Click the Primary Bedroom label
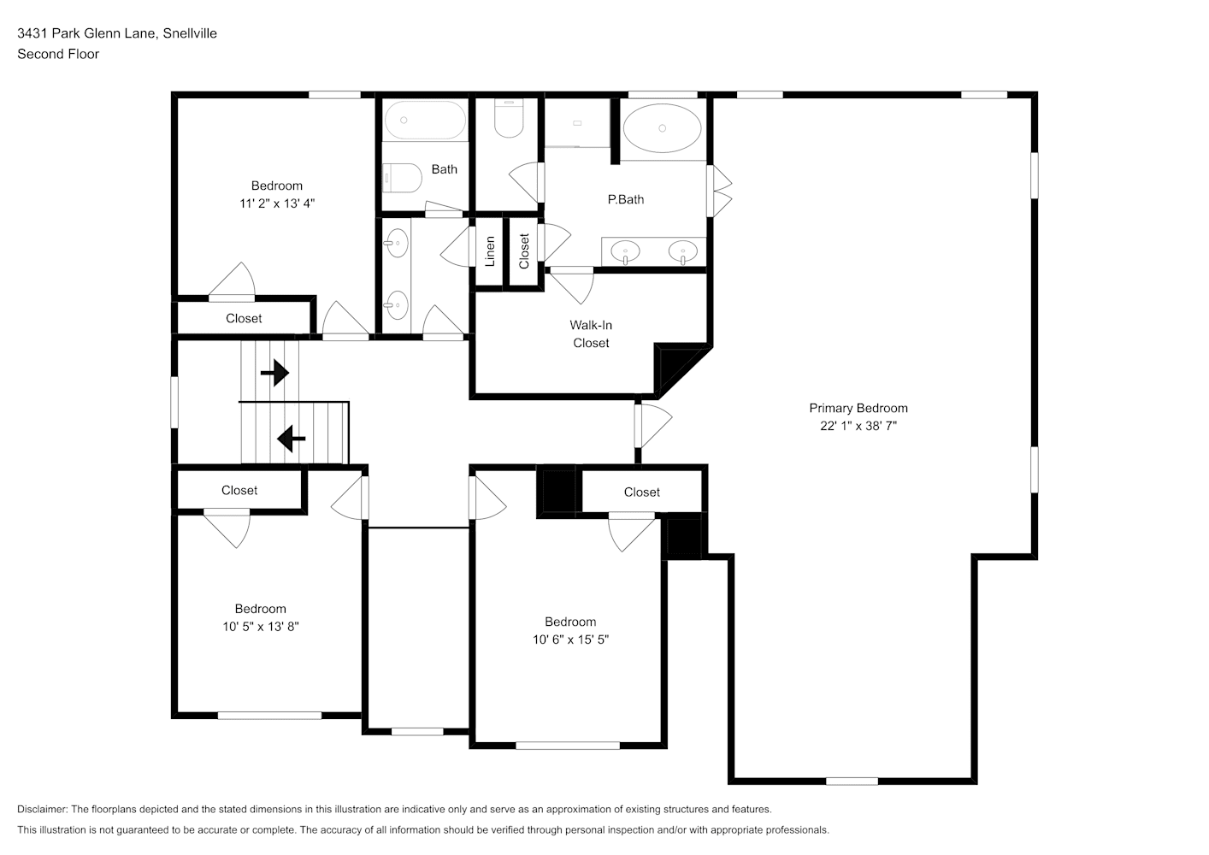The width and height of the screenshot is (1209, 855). [x=858, y=408]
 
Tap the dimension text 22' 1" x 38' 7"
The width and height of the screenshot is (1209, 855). [x=858, y=426]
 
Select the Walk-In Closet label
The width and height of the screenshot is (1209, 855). [x=591, y=334]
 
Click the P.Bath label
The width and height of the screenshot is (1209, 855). [x=626, y=200]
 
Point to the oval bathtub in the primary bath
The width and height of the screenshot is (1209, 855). [x=663, y=128]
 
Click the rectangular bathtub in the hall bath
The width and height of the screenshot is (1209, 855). [x=425, y=121]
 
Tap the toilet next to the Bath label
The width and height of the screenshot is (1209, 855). [x=402, y=178]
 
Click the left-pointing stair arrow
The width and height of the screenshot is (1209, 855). [x=292, y=439]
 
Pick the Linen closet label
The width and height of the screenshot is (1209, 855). [x=490, y=251]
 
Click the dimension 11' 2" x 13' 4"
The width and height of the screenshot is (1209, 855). [x=277, y=203]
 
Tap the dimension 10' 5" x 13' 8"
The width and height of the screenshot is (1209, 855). [x=261, y=627]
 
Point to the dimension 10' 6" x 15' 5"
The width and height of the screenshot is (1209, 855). [x=570, y=640]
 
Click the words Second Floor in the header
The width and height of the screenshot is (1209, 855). [x=58, y=54]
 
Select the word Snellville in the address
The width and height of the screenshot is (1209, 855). [x=190, y=33]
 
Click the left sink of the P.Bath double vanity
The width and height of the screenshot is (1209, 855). [x=626, y=252]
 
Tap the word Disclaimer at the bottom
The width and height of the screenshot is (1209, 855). [x=42, y=809]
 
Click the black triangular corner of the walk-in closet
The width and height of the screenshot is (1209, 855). [x=675, y=367]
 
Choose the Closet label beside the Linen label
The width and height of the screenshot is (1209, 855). [x=524, y=251]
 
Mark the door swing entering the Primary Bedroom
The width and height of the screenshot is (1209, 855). [x=654, y=425]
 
